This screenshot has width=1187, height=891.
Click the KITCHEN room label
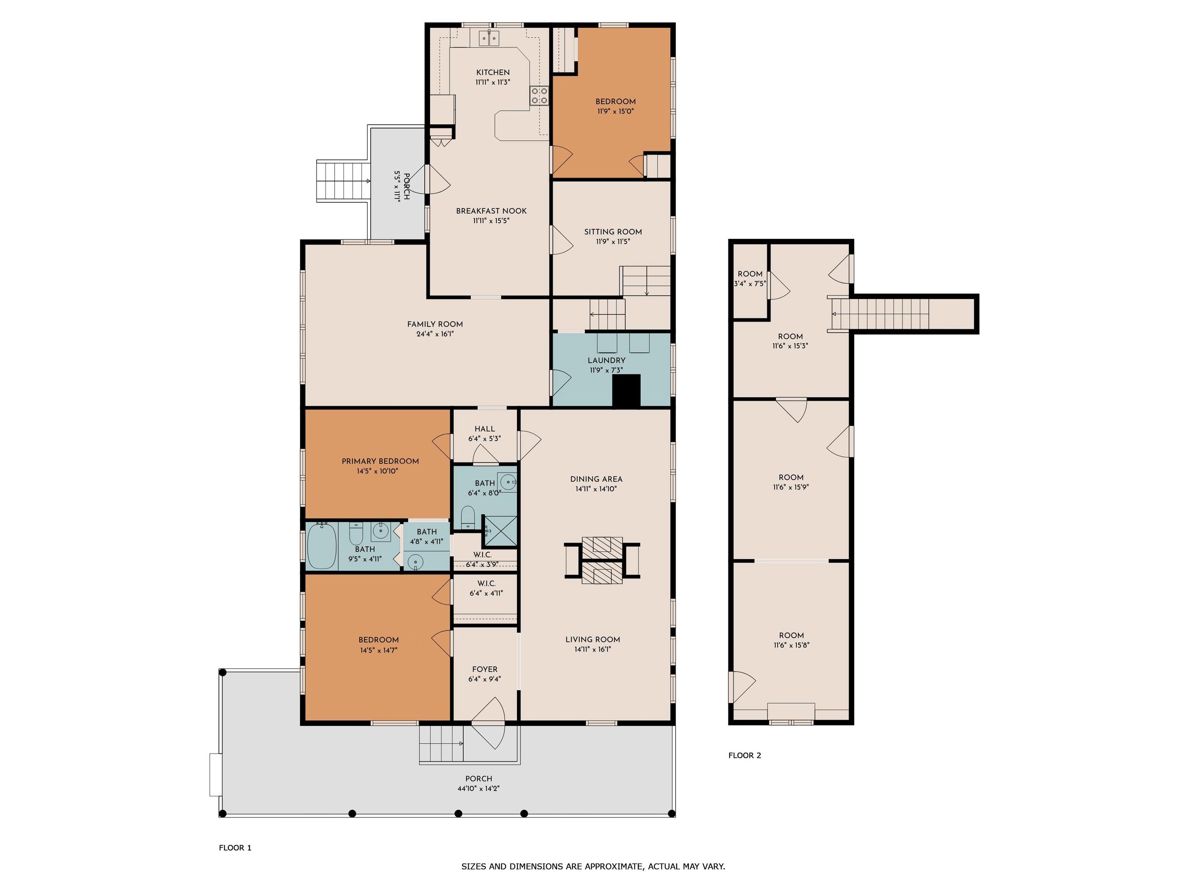(x=493, y=72)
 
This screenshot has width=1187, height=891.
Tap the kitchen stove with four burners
(x=539, y=96)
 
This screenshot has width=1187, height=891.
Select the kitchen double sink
(x=489, y=38)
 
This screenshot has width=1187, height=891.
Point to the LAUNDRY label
(x=606, y=360)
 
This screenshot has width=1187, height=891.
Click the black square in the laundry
(x=627, y=391)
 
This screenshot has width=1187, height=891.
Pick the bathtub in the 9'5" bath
(x=322, y=546)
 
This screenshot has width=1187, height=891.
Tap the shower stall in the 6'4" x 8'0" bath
(x=500, y=532)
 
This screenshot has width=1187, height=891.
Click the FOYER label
(x=485, y=669)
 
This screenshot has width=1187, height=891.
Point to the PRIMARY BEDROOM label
(x=380, y=461)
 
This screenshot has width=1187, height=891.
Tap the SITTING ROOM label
(x=613, y=232)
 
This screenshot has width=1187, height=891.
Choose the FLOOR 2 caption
(x=744, y=755)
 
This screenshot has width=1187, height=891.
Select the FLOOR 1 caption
(x=235, y=848)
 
